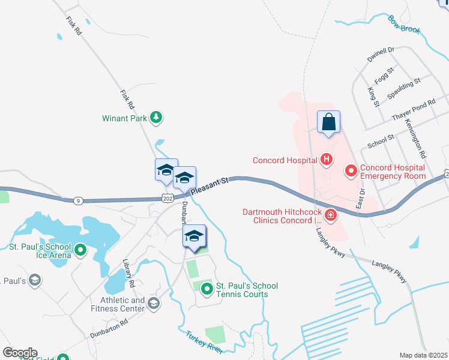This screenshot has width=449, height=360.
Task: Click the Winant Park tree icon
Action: click(156, 118)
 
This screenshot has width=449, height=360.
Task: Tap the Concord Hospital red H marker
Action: click(326, 160)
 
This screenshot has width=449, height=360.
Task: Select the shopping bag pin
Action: click(328, 122)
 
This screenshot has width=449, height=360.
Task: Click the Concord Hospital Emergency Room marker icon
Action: click(351, 172)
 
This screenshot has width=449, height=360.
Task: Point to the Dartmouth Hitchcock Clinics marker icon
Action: click(330, 215)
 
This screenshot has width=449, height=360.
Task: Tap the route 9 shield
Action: click(79, 200)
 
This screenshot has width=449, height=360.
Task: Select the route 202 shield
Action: click(167, 198)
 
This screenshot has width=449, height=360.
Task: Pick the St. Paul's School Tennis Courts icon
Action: click(207, 290)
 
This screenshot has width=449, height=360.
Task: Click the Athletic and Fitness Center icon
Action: click(153, 304)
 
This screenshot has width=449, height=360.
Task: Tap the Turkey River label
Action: click(204, 343)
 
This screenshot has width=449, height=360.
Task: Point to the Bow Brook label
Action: click(404, 25)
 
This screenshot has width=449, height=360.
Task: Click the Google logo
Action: click(20, 352)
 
